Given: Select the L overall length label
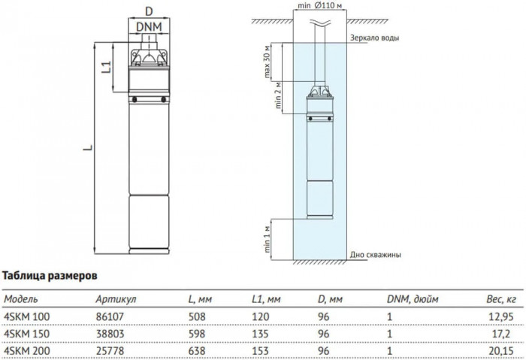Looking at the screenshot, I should point(87,149).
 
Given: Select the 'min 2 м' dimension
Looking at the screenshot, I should point(280,95).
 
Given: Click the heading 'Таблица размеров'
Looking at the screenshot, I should point(50,277).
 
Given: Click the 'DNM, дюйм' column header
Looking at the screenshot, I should point(410,298).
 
